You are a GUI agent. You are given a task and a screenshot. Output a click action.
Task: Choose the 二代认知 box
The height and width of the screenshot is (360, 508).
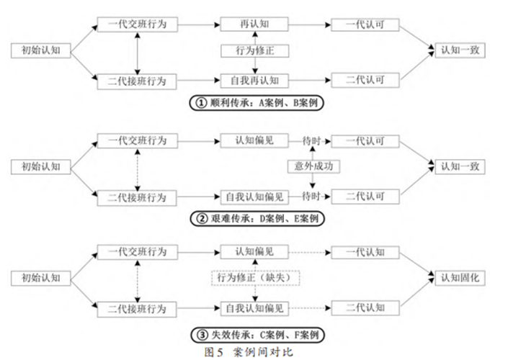click(x=365, y=309)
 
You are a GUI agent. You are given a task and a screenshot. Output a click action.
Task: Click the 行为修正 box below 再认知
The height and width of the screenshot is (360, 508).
click(x=254, y=52)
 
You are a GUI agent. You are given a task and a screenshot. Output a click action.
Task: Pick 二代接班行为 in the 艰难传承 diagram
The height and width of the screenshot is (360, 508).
click(x=137, y=197)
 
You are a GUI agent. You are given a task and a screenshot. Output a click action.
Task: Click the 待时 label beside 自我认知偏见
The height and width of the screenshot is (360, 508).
click(x=311, y=197)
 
